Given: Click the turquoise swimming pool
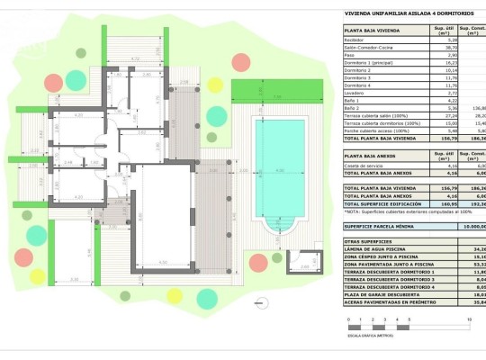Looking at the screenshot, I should click(x=279, y=167).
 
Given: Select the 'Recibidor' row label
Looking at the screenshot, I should click(x=356, y=40).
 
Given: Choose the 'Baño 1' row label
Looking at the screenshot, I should click(x=354, y=100).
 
